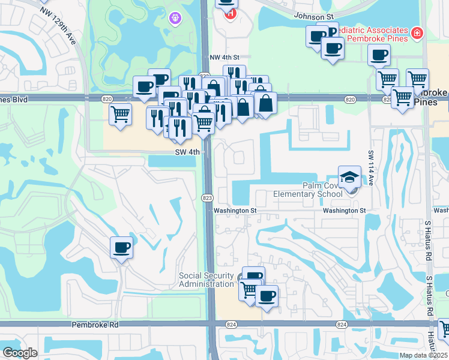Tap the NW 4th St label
(224, 57)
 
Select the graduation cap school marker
(350, 176)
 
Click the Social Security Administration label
(206, 280)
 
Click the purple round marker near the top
(175, 19)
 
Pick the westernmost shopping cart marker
(121, 113)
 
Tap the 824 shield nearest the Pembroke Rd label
(231, 325)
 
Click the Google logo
(20, 353)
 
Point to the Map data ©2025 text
(424, 355)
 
